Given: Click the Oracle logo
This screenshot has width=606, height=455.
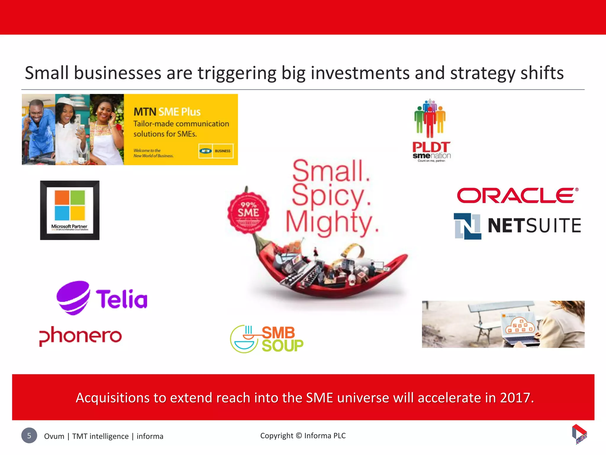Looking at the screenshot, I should pos(517,196).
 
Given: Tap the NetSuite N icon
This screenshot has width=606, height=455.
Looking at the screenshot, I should pos(468,226).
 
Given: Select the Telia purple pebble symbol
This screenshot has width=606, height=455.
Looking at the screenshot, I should pos(73,297).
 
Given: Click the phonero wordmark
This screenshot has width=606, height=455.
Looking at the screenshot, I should pos(80,336).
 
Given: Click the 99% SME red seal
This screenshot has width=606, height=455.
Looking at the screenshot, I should pos(248,212).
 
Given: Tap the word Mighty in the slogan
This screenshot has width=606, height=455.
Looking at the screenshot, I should pos(331,222).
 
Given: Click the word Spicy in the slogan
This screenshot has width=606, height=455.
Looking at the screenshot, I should pos(331,196).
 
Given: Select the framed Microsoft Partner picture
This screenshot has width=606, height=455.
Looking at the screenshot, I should pos(70,210).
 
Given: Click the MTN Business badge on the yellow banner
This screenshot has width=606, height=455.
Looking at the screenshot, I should pos(216,151).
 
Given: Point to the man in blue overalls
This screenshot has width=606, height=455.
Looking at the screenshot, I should pos(38,127).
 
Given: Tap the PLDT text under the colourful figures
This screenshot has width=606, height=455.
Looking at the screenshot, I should pos(431,147).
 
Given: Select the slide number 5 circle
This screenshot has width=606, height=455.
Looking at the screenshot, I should pos(29,435).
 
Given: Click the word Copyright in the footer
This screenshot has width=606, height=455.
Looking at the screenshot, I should pos(277,436).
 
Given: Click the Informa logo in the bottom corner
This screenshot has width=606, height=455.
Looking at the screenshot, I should pos(579,434).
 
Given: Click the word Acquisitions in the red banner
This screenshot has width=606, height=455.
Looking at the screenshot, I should pos(113,398).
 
